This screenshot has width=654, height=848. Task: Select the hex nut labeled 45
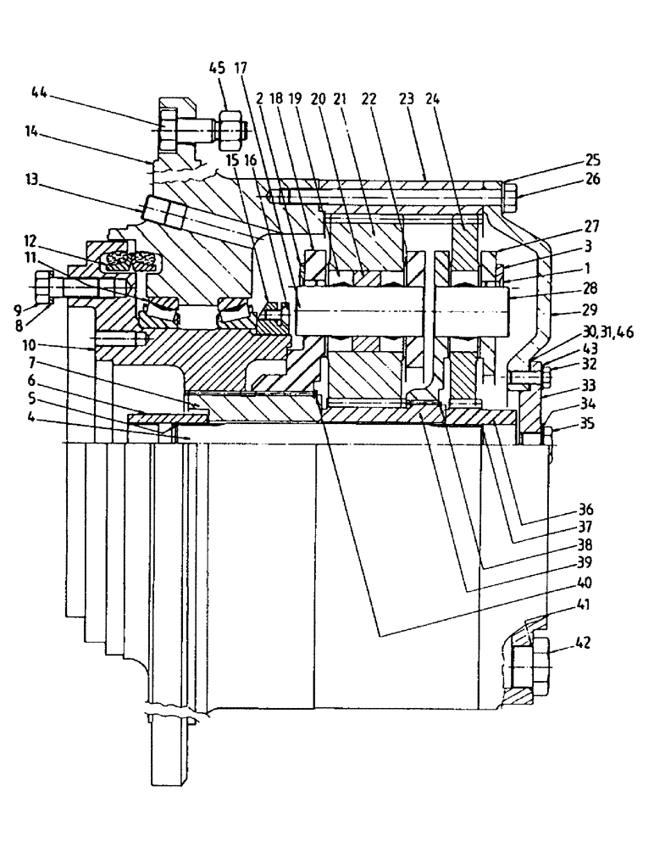click(x=230, y=131)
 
